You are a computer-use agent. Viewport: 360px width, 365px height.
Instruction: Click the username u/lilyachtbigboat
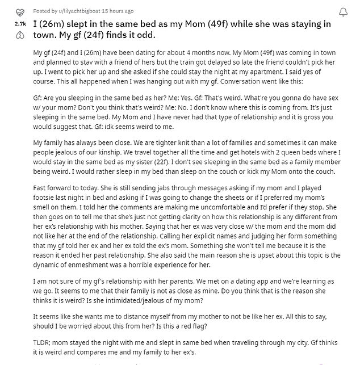point(91,11)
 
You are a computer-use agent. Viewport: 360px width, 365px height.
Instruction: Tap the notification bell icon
point(344,12)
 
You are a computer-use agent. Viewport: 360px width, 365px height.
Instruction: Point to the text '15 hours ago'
point(133,11)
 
